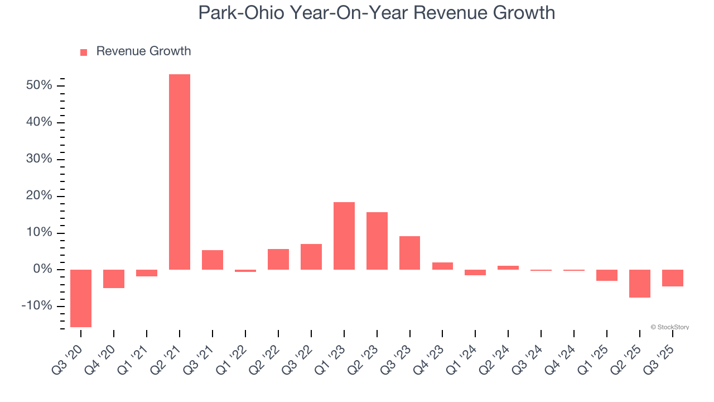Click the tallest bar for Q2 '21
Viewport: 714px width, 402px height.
pyautogui.click(x=180, y=172)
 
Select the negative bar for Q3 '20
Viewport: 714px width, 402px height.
pyautogui.click(x=81, y=298)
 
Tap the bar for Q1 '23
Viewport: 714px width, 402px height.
pyautogui.click(x=344, y=236)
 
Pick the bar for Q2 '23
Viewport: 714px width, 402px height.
pyautogui.click(x=377, y=241)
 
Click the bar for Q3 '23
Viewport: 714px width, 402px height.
pyautogui.click(x=410, y=253)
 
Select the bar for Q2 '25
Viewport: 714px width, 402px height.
pyautogui.click(x=640, y=284)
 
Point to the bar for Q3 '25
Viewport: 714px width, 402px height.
pyautogui.click(x=673, y=278)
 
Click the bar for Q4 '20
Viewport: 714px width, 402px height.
pyautogui.click(x=114, y=279)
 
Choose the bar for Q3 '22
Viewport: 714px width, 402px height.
pyautogui.click(x=311, y=257)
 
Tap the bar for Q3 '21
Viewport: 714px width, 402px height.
pyautogui.click(x=213, y=260)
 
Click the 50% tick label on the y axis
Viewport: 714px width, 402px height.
pyautogui.click(x=39, y=85)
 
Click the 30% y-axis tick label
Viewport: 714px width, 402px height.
pyautogui.click(x=39, y=159)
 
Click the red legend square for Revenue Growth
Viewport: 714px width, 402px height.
pyautogui.click(x=84, y=52)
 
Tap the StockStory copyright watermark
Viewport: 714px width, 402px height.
pyautogui.click(x=669, y=327)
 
